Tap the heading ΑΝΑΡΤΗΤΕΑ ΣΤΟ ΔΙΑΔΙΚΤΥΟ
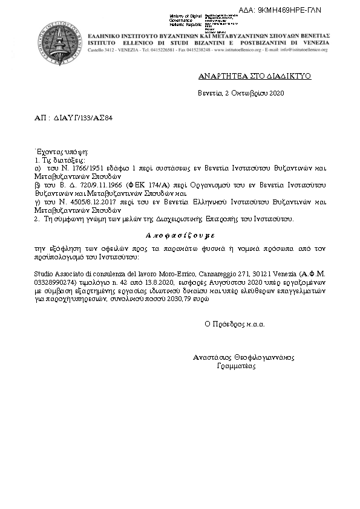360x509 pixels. (246, 78)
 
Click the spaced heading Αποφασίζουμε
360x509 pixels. (180, 234)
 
